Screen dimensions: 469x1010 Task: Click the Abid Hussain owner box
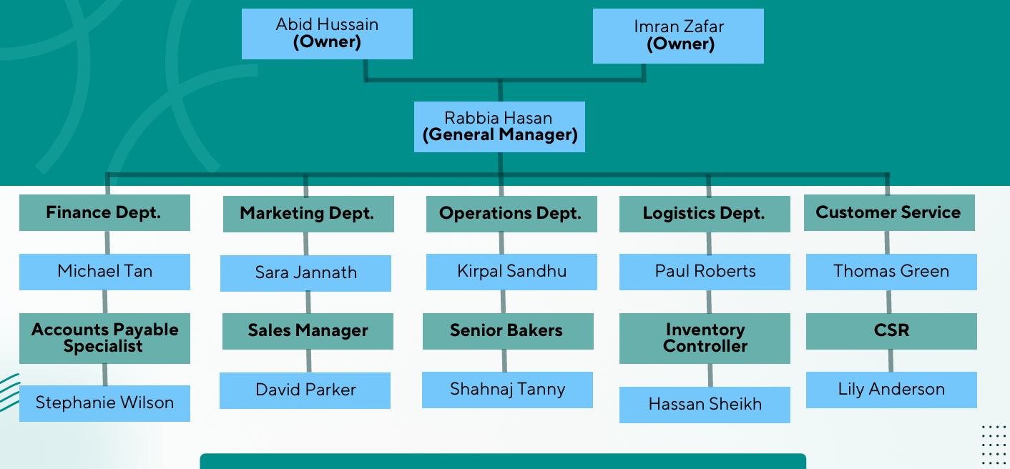[x=327, y=34]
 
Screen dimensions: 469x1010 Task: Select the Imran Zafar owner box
[x=678, y=36]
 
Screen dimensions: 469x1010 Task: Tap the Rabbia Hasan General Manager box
[x=499, y=127]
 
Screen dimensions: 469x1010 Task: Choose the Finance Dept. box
[x=104, y=212]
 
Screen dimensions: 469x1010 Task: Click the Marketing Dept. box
[x=308, y=213]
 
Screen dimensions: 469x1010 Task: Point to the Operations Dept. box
[x=511, y=213]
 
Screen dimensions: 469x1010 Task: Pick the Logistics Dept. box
[x=705, y=213]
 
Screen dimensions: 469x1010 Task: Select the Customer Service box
[x=888, y=212]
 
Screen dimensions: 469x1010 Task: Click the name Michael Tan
[x=104, y=271]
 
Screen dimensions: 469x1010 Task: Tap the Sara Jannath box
[x=305, y=272]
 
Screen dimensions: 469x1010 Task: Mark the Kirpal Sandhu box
[x=511, y=271]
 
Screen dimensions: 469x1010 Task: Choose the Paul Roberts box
[x=705, y=271]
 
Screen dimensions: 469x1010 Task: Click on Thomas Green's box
[x=891, y=271]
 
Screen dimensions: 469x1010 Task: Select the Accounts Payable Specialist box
[x=104, y=337]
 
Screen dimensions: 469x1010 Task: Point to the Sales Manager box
[x=308, y=330]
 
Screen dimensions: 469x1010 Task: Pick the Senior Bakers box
[x=507, y=330]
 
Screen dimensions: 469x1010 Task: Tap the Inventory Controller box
[x=705, y=337]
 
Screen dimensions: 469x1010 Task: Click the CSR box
[x=891, y=330]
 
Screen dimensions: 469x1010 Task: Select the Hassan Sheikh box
[x=705, y=404]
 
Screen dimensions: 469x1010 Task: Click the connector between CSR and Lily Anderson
[x=891, y=360]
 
